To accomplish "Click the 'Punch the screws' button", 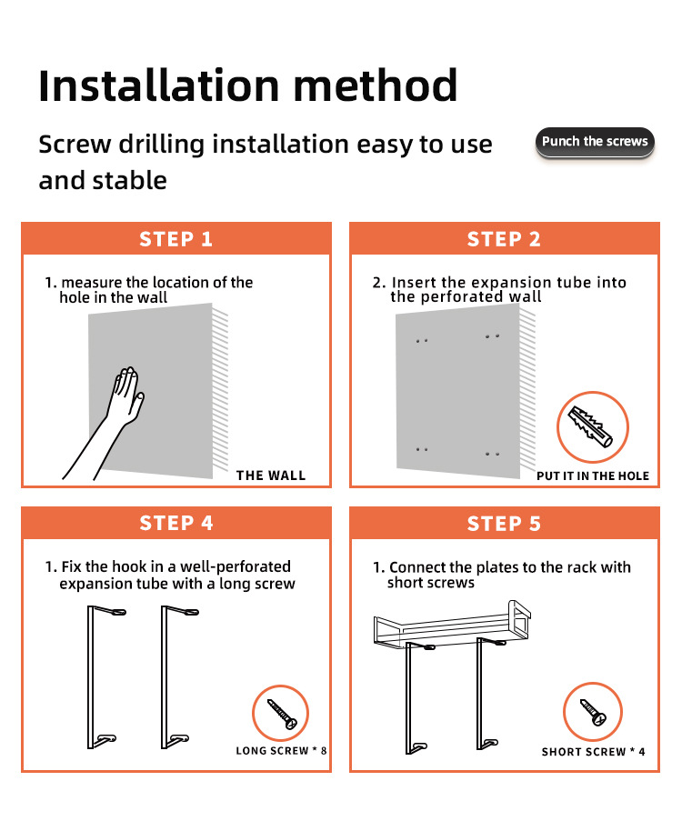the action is click(x=595, y=141).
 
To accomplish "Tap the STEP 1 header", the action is click(x=176, y=239).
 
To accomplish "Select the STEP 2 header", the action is click(x=504, y=239).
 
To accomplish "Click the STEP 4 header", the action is click(x=176, y=523).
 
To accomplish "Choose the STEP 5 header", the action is click(x=504, y=524).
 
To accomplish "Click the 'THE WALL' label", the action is click(x=271, y=476).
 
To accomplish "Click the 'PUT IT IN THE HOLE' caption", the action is click(x=592, y=476).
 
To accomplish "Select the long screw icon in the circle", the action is click(x=282, y=714).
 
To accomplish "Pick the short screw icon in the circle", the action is click(x=594, y=713).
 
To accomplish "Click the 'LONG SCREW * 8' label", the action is click(x=281, y=751).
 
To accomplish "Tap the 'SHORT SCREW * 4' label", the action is click(x=594, y=752).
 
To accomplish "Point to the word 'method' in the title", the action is click(x=376, y=85).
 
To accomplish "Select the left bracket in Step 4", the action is click(x=91, y=677).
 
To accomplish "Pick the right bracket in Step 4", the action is click(x=165, y=677).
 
